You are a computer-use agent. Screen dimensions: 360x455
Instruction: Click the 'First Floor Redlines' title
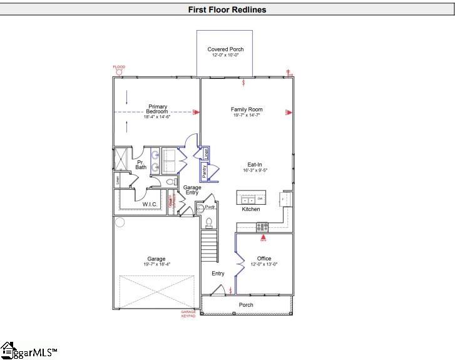coord(227,9)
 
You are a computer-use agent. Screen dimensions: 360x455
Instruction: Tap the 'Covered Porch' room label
coord(225,49)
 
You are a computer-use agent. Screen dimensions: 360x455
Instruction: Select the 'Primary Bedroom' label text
coord(158,109)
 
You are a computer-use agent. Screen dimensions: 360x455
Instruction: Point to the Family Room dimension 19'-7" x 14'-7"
coord(246,115)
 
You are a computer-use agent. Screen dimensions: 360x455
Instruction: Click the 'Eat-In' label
coord(255,164)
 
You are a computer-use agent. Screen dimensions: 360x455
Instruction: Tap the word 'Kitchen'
coord(251,209)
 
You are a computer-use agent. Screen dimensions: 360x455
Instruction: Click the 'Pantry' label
coord(204,171)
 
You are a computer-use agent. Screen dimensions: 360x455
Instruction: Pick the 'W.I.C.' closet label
coord(150,204)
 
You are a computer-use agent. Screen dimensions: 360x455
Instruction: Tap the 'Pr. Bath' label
coord(141,165)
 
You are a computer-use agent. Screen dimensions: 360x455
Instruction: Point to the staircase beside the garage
coord(208,247)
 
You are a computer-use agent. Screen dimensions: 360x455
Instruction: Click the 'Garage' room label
coord(156,259)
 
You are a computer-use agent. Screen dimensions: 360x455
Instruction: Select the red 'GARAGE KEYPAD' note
coord(188,314)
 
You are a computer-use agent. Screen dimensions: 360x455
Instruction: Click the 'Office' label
coord(263,259)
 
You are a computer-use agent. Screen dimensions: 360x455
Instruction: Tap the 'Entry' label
coord(218,274)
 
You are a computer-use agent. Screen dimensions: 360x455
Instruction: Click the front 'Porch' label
coord(246,306)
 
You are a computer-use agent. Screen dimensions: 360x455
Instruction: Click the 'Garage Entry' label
coord(192,190)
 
